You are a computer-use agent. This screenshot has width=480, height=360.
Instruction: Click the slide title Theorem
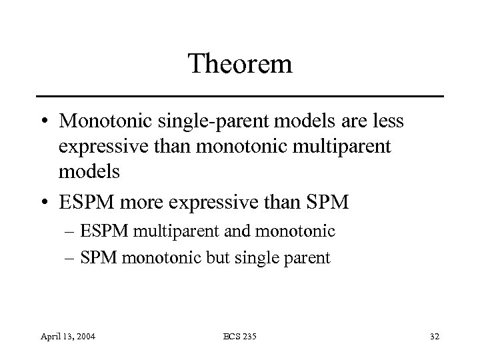(x=240, y=64)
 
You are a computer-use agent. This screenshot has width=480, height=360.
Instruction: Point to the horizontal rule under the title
(x=240, y=97)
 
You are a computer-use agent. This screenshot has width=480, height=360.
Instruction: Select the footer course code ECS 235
(x=240, y=337)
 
